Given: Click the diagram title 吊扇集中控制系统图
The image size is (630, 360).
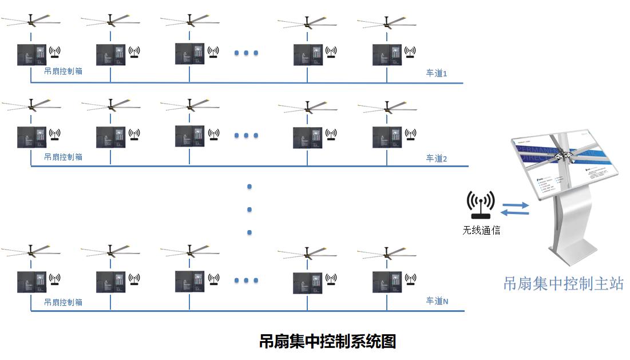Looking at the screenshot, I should pyautogui.click(x=327, y=342).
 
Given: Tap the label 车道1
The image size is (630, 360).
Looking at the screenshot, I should pyautogui.click(x=436, y=74).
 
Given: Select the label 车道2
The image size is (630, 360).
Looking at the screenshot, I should pyautogui.click(x=436, y=158).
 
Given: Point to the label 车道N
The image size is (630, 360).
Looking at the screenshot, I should pyautogui.click(x=437, y=301).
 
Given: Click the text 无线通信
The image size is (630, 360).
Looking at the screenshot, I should pyautogui.click(x=481, y=231).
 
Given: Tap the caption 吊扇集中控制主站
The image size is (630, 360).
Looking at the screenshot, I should pyautogui.click(x=563, y=283).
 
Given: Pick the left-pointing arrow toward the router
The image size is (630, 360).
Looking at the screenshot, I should pyautogui.click(x=514, y=213).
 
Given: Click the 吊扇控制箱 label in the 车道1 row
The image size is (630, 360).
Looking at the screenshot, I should pyautogui.click(x=63, y=73).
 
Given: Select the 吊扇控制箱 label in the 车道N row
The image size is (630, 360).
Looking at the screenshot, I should pyautogui.click(x=63, y=302).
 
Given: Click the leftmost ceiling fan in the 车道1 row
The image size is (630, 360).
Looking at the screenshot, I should pyautogui.click(x=31, y=22).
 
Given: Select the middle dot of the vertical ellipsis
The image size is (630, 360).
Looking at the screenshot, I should pyautogui.click(x=249, y=209).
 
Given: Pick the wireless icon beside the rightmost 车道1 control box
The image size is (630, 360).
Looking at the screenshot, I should pyautogui.click(x=410, y=52).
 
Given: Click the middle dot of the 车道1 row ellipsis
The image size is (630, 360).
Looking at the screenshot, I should pyautogui.click(x=247, y=53).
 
